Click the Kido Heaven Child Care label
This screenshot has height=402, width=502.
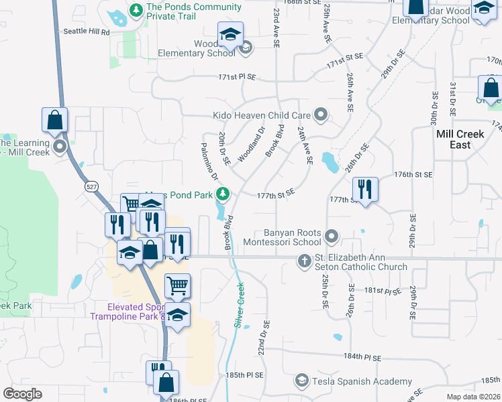click(x=262, y=115)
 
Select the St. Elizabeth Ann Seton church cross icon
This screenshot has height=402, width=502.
click(x=304, y=260)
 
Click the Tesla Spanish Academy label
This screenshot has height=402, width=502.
click(x=352, y=381)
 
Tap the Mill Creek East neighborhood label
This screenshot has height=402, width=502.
click(x=460, y=139)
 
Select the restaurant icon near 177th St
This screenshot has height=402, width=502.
click(x=365, y=188)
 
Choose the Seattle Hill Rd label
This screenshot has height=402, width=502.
click(x=86, y=31)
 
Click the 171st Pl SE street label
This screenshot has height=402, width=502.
click(x=237, y=77)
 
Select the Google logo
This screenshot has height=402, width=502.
click(x=22, y=394)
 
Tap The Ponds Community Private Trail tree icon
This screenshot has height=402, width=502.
click(x=136, y=10)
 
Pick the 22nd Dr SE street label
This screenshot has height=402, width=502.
click(x=263, y=338)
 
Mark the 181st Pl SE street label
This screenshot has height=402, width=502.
click(x=385, y=291)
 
